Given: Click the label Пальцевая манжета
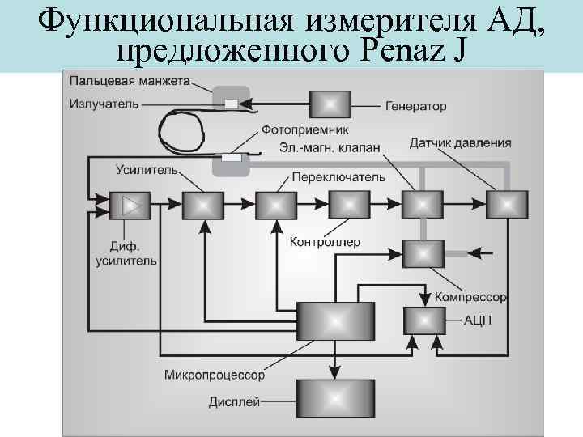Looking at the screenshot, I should (x=130, y=81).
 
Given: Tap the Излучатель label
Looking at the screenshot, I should (x=104, y=104).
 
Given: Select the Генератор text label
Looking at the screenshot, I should (x=415, y=106).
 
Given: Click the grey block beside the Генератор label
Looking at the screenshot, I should (x=330, y=104).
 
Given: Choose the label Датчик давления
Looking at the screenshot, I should (x=460, y=143).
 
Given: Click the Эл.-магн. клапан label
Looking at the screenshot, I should (x=330, y=147).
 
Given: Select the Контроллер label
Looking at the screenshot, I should (x=325, y=242).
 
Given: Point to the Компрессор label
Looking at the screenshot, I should (x=470, y=298).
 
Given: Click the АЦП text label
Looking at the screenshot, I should (x=478, y=320).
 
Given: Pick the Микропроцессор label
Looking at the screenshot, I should (x=214, y=375).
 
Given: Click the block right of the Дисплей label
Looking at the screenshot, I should (x=335, y=399).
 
